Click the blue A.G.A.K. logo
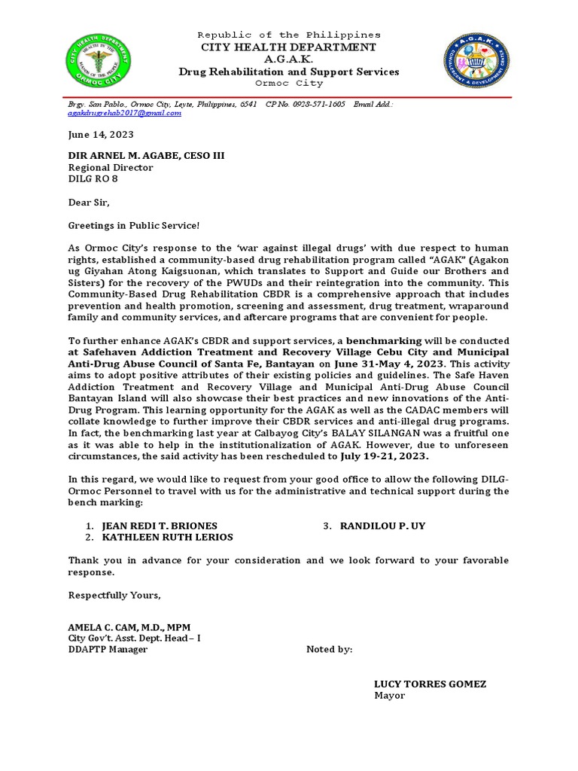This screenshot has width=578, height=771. coord(476,61)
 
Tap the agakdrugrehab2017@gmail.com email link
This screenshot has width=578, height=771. coord(125,113)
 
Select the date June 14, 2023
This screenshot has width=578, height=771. coord(101,135)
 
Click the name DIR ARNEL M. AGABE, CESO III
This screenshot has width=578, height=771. coord(146,156)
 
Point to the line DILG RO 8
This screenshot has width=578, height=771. coord(93,179)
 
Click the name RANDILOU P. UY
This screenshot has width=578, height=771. coord(382,526)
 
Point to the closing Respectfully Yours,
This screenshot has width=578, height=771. coord(114,595)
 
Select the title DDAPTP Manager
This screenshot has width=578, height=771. coord(108,650)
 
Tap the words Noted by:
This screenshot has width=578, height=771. coord(329,650)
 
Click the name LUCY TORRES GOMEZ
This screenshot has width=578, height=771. coord(430,684)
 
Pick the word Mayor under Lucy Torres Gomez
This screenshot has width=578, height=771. coord(389,696)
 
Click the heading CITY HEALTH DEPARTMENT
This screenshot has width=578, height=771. coord(288,47)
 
